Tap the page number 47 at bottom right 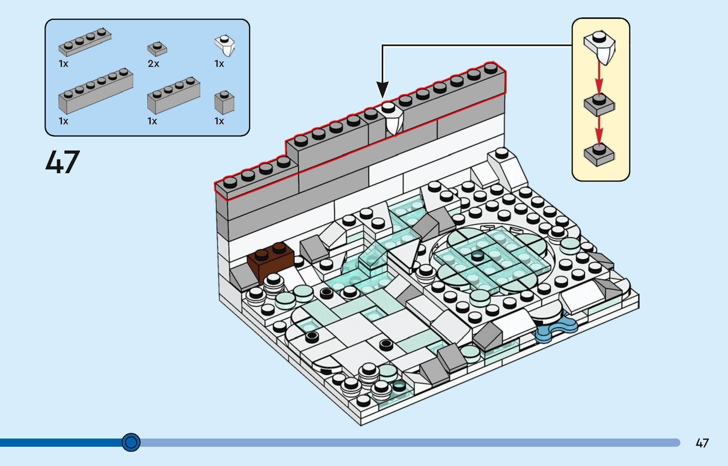pos(702,443)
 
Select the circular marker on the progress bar pos(131,442)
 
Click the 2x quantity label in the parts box pos(154,64)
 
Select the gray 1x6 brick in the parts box pos(95,91)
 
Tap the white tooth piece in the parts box pos(225,46)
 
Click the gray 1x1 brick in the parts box pos(224,103)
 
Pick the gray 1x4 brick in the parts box pos(173,95)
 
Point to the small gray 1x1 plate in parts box pos(157,49)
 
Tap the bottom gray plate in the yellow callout pos(599,155)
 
